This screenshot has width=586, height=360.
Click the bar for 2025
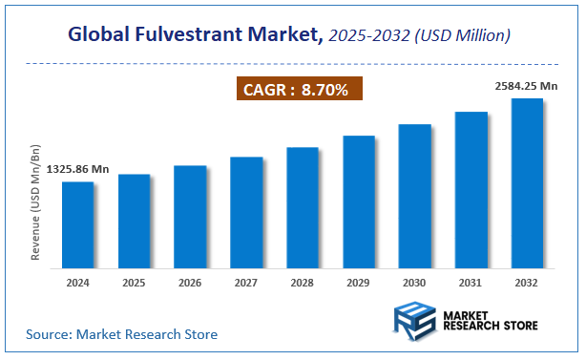click(134, 220)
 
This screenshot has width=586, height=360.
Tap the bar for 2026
click(190, 216)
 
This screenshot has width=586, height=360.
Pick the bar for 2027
click(246, 211)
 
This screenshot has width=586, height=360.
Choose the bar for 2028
click(303, 206)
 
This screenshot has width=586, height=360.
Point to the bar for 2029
click(359, 201)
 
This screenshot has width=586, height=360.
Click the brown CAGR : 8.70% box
click(299, 90)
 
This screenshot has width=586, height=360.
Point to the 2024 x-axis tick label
click(77, 282)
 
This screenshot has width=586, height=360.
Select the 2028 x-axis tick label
click(303, 282)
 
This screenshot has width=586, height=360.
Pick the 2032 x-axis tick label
click(527, 282)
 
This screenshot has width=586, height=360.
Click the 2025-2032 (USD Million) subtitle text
click(420, 36)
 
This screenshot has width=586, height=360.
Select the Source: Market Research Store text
click(122, 334)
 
